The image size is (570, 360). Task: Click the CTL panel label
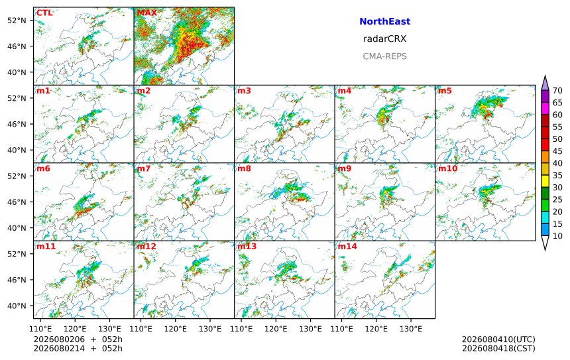44,13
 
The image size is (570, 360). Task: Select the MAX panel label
147,13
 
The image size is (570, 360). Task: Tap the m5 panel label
445,91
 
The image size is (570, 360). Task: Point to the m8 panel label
244,168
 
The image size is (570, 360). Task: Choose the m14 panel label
347,246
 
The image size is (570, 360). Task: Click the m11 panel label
46,246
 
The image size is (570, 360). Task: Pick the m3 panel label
244,91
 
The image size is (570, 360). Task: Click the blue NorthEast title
384,21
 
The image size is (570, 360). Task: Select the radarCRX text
384,39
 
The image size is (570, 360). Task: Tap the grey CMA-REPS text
384,56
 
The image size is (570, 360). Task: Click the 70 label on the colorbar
557,91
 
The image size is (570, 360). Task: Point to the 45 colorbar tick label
557,151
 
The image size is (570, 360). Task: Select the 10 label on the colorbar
557,236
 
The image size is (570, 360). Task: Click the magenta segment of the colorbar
545,108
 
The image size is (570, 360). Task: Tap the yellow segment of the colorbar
545,181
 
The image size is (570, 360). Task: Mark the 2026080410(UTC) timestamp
498,339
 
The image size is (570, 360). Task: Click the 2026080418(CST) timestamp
498,348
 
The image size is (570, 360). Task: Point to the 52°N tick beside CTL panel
17,21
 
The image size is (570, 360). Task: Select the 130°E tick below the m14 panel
411,329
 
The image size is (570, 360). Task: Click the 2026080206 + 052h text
78,339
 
